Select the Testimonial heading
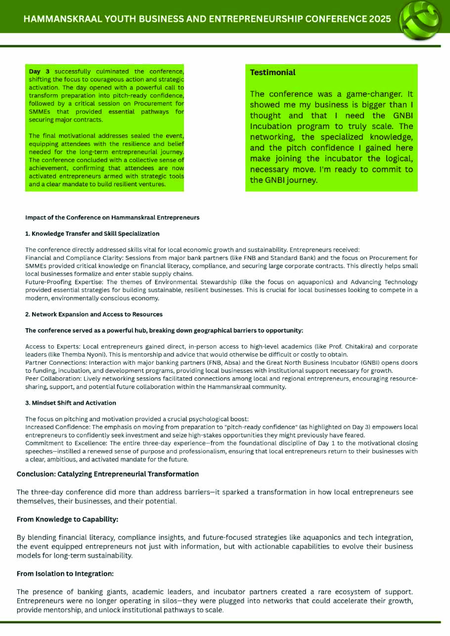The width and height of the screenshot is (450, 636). tap(273, 72)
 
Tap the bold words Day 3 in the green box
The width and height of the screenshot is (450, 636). tap(39, 71)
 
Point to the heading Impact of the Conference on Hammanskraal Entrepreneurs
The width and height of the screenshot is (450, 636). tap(112, 217)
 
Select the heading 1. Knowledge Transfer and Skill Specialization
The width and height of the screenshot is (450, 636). tap(92, 233)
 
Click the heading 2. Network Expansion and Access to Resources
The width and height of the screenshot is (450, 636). tap(94, 314)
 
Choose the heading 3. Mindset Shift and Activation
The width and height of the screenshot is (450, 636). tap(70, 403)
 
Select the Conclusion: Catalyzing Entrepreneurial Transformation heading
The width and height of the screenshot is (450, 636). tap(108, 474)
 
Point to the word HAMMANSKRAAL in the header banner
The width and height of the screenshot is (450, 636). tap(61, 19)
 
